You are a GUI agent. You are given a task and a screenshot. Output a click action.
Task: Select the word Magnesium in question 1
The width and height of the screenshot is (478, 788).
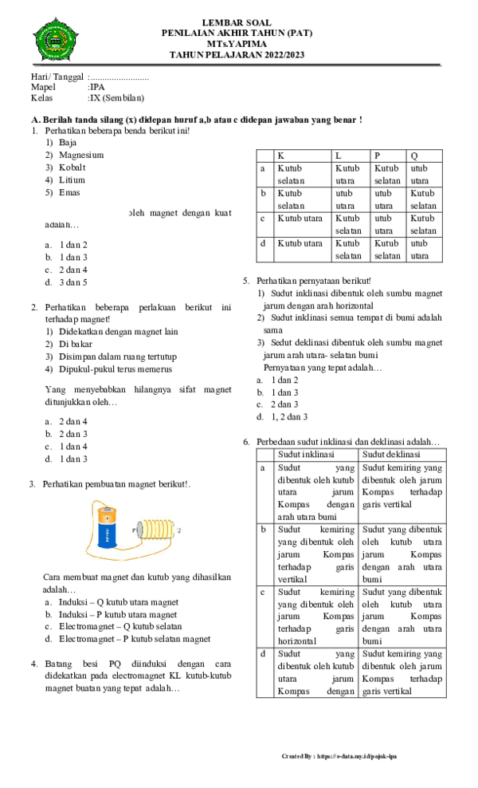point(81,155)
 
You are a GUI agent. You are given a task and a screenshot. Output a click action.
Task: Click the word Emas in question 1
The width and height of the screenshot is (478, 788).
point(69,192)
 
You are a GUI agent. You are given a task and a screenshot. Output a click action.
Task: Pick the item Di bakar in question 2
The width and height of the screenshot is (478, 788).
point(76,344)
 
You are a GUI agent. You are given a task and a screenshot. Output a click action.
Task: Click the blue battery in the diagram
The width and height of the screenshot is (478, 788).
point(107,530)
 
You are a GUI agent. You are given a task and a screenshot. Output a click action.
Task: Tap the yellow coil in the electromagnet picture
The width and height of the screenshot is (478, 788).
point(155,529)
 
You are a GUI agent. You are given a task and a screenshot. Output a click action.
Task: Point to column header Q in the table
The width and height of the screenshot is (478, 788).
point(414,156)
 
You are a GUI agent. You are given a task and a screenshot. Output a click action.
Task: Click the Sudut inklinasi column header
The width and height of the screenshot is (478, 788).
point(305,454)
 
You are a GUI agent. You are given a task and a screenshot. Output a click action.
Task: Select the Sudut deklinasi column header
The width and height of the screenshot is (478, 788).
point(392,454)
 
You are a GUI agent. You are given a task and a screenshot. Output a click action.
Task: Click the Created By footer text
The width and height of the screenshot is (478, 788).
point(339,755)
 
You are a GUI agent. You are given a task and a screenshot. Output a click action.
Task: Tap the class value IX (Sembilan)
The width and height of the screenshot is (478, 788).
point(116,99)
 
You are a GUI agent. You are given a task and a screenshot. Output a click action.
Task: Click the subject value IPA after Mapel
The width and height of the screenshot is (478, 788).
point(96,87)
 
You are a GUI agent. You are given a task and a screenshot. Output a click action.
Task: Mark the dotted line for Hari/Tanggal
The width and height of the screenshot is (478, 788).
point(120,76)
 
